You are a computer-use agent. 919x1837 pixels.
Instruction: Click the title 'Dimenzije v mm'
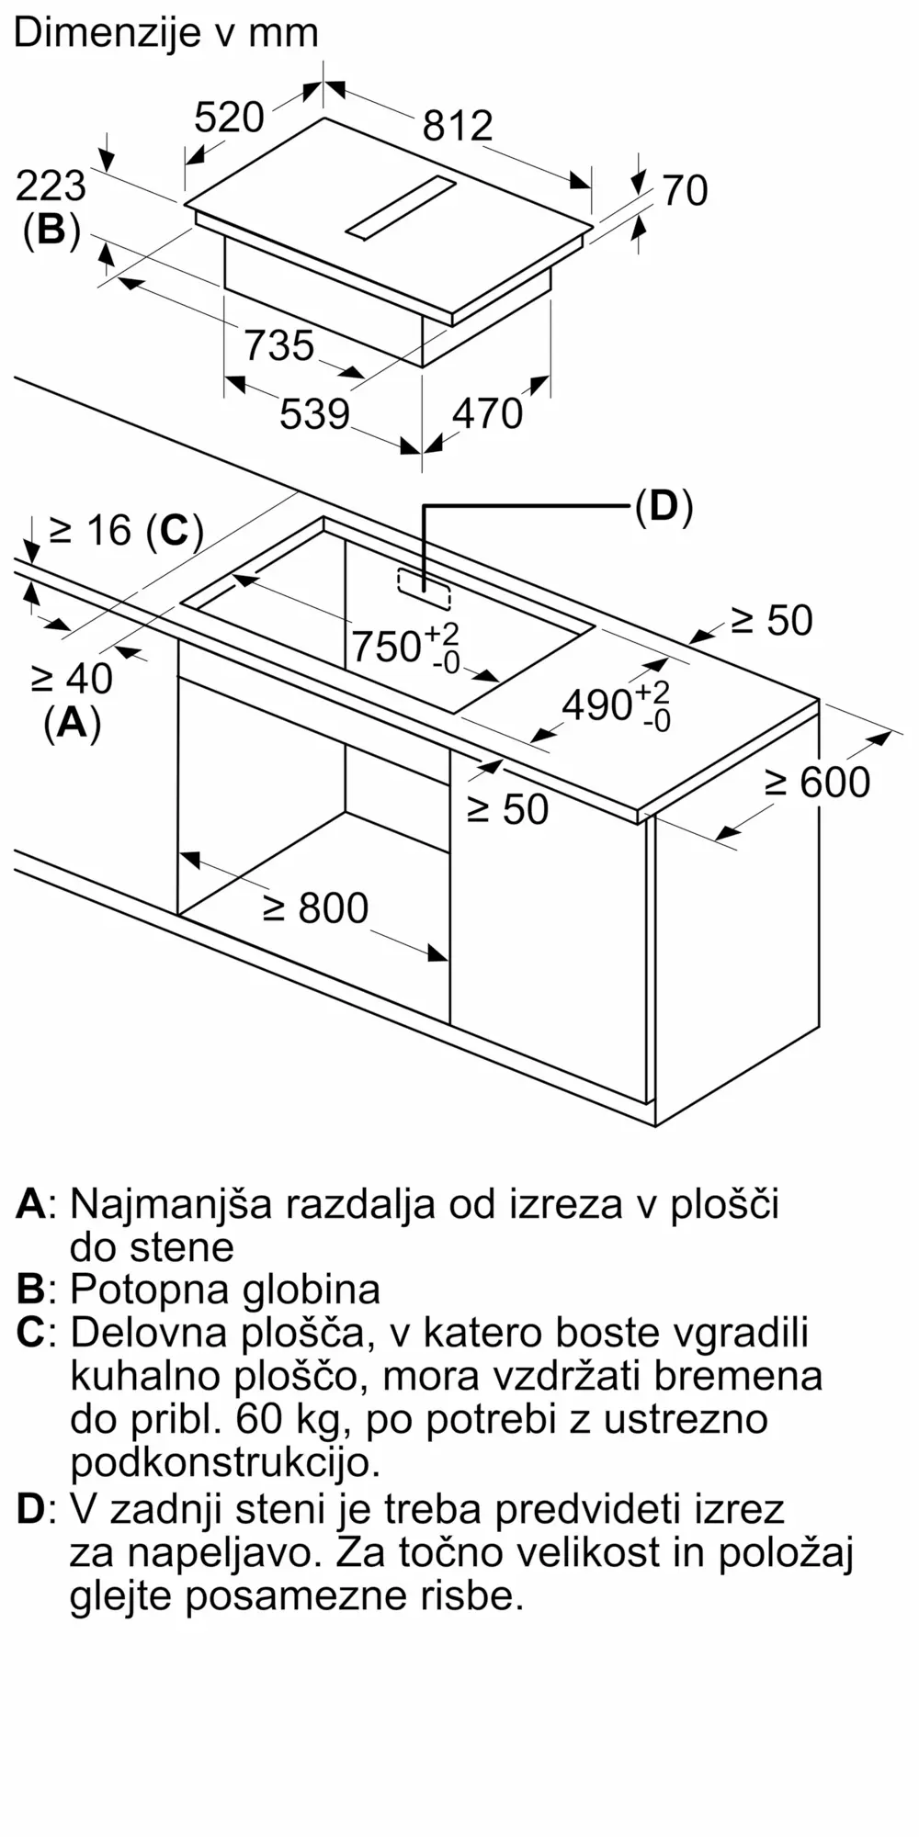click(x=165, y=34)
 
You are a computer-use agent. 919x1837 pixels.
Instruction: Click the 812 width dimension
click(x=458, y=126)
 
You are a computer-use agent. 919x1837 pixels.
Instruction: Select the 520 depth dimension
click(x=230, y=118)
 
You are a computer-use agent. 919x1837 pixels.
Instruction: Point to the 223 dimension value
click(x=51, y=186)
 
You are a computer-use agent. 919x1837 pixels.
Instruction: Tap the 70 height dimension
click(x=685, y=191)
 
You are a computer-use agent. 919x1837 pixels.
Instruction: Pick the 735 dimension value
click(x=279, y=346)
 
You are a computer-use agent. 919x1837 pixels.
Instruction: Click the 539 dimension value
click(x=315, y=414)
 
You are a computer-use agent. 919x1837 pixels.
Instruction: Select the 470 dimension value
click(x=487, y=414)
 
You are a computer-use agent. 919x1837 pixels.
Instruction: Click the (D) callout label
click(x=664, y=506)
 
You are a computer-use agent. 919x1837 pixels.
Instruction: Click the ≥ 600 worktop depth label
click(x=817, y=783)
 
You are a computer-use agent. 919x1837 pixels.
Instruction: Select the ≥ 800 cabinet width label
click(x=315, y=908)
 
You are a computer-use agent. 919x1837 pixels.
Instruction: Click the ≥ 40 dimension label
click(x=72, y=679)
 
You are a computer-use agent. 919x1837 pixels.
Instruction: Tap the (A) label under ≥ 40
click(x=72, y=724)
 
